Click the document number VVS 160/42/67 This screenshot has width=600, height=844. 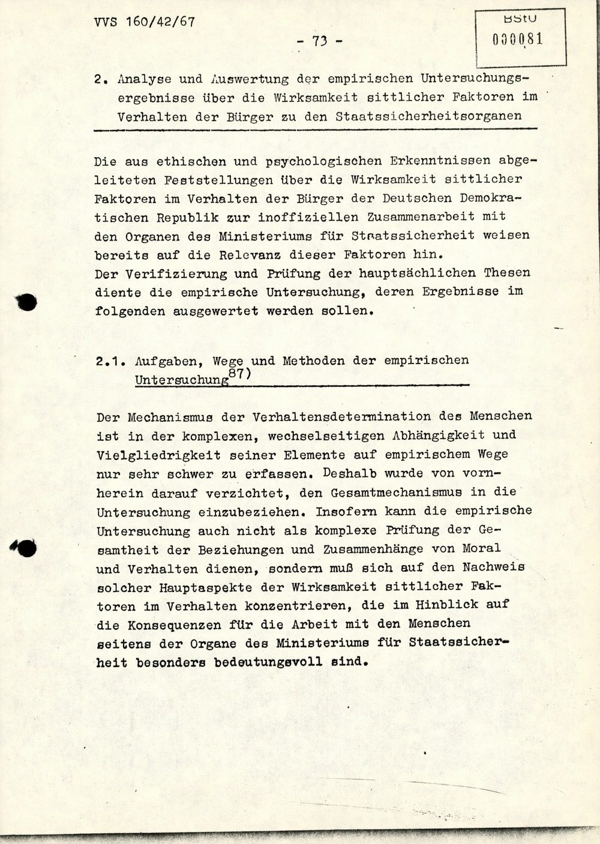click(x=144, y=22)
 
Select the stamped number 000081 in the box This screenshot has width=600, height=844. click(x=518, y=40)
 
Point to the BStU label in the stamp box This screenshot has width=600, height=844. click(x=520, y=19)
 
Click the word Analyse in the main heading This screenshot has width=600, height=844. click(x=145, y=79)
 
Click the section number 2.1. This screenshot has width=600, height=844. click(x=109, y=361)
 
